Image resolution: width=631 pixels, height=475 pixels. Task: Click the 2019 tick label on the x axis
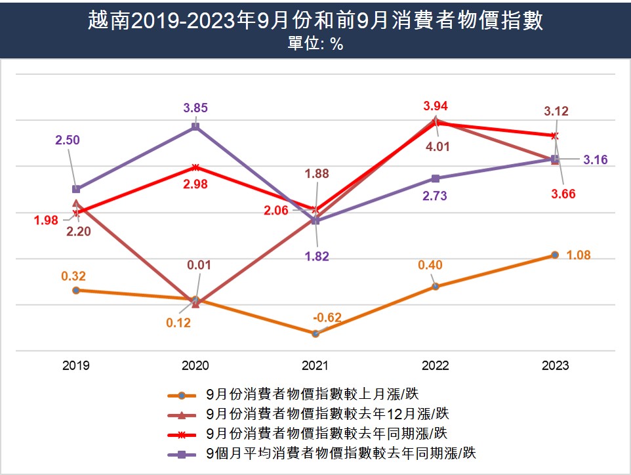(76, 365)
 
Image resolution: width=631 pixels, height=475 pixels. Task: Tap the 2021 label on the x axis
(315, 365)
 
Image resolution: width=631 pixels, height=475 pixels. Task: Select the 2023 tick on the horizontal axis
(555, 365)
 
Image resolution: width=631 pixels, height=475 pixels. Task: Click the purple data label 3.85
(195, 108)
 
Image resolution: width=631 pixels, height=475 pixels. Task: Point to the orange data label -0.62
(327, 318)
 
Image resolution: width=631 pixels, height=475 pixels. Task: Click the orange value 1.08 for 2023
(578, 255)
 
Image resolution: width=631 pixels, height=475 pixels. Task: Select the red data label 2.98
(195, 184)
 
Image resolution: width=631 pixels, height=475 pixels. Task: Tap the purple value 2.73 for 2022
(435, 196)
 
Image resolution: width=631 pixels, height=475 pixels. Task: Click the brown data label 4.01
(438, 146)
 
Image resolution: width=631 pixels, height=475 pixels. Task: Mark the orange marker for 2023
(555, 255)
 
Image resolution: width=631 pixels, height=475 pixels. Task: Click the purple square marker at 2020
(195, 126)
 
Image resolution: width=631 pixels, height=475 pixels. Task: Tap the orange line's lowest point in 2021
(315, 333)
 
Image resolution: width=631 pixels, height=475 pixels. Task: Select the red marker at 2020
(195, 167)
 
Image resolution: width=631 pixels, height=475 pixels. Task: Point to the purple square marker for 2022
(435, 178)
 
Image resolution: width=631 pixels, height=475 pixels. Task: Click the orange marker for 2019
(76, 290)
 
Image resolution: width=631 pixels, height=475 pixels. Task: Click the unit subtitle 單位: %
(315, 45)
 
